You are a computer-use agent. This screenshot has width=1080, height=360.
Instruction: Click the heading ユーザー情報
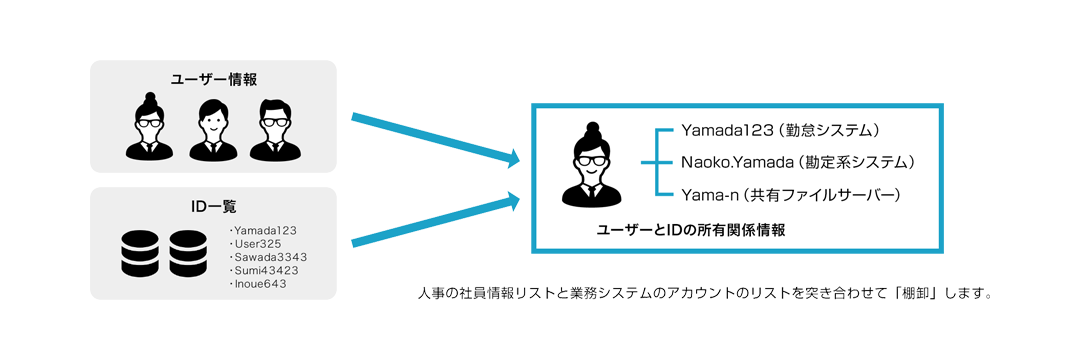213,78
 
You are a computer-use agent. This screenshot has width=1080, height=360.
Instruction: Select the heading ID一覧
213,207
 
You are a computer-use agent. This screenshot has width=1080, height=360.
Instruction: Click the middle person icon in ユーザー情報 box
212,129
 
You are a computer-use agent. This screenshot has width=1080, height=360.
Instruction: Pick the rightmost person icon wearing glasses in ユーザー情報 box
274,129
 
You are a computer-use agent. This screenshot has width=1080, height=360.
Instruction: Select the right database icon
194,254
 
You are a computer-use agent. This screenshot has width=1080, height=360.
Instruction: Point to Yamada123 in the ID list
264,230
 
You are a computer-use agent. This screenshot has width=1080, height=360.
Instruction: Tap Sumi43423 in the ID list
265,270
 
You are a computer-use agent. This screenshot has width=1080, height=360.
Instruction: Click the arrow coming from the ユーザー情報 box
436,138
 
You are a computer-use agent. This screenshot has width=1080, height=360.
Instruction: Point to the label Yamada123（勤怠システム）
781,130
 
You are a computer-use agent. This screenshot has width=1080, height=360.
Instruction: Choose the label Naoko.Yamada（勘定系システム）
798,161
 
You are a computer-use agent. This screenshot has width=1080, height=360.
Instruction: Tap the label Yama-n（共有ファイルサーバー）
791,193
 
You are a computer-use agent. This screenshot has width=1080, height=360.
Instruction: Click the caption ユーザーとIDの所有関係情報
690,230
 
